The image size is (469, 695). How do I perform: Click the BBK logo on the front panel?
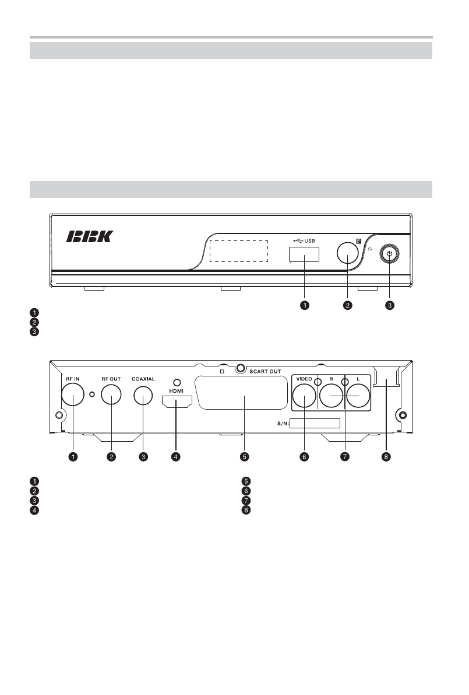pyautogui.click(x=90, y=236)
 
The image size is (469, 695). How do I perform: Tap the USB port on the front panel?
pyautogui.click(x=304, y=255)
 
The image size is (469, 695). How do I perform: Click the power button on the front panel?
pyautogui.click(x=389, y=254)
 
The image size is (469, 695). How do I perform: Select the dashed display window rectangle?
pyautogui.click(x=239, y=251)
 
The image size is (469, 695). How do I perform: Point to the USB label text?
pyautogui.click(x=310, y=241)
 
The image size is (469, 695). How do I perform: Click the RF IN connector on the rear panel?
pyautogui.click(x=73, y=394)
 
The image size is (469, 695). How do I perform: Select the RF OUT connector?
pyautogui.click(x=111, y=394)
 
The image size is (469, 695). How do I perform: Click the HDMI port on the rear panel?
pyautogui.click(x=177, y=401)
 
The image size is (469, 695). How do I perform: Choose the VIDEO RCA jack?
pyautogui.click(x=304, y=396)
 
